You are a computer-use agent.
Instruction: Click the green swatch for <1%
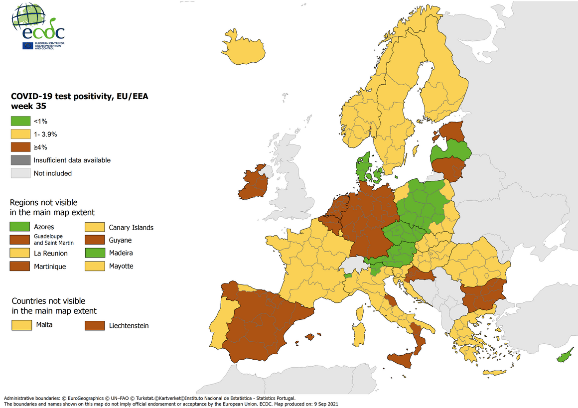coord(20,121)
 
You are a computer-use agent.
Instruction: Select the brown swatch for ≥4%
coord(20,147)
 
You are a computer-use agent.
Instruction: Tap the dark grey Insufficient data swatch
coord(20,160)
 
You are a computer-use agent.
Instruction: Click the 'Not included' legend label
coord(53,173)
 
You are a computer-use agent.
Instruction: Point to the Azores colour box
coord(20,227)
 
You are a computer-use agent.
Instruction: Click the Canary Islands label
coord(131,228)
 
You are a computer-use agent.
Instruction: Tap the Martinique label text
coord(50,267)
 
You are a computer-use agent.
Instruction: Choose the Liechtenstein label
coord(129,326)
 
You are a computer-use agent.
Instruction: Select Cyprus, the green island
coord(564,357)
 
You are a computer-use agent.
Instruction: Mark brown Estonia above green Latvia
coord(452,131)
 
